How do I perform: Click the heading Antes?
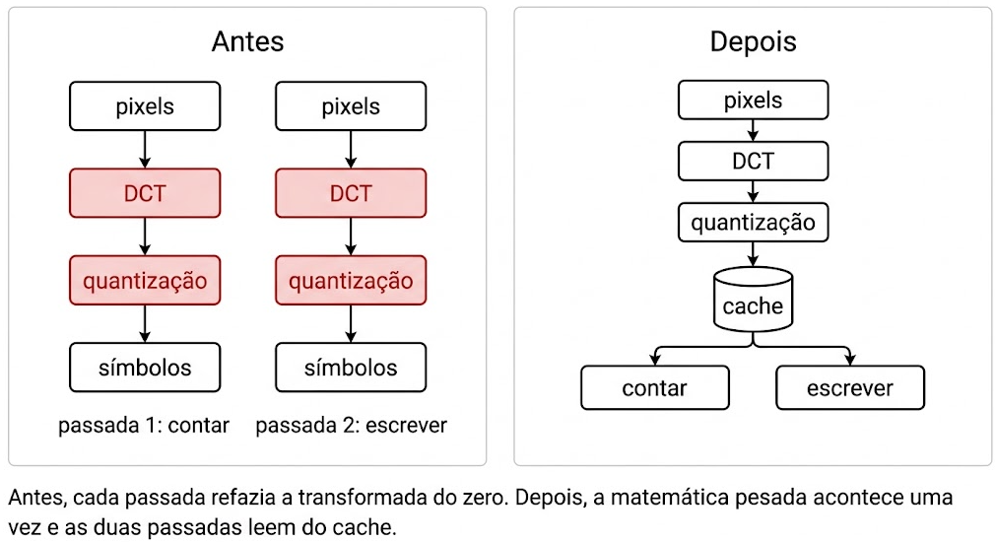[247, 42]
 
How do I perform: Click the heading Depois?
[753, 42]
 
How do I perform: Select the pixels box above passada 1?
[145, 106]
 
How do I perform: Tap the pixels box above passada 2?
[351, 106]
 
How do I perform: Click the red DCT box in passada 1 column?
[145, 193]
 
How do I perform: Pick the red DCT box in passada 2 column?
[351, 193]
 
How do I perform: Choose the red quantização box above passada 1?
[145, 281]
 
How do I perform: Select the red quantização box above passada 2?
[351, 281]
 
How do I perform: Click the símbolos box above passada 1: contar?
[145, 368]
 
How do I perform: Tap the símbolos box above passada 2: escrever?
[351, 368]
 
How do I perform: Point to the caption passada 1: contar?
[144, 425]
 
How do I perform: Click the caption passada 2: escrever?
[351, 425]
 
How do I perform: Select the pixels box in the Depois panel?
[754, 100]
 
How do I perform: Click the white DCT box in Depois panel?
[754, 161]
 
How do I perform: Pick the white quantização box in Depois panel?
[754, 222]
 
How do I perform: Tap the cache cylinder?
[754, 300]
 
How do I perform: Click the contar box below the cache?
[655, 388]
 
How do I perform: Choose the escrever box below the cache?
[850, 388]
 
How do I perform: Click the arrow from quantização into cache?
[754, 254]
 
